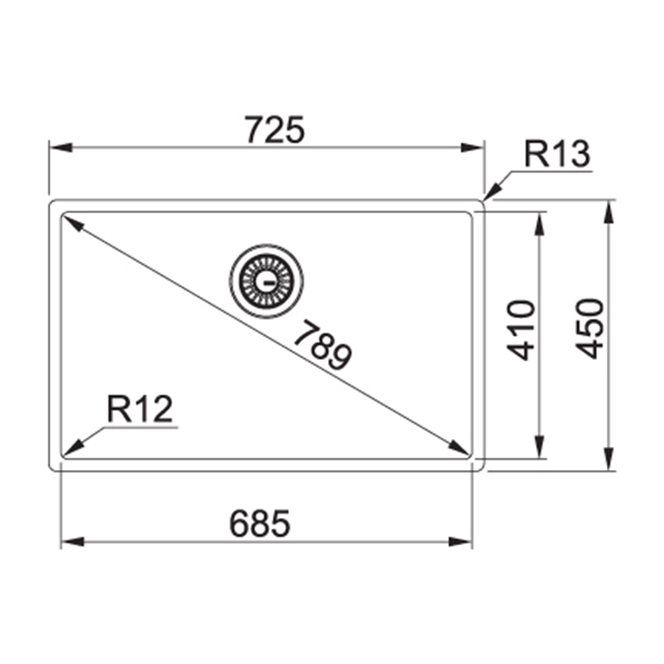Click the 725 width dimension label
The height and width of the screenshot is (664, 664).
(275, 129)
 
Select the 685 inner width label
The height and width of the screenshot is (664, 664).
(260, 523)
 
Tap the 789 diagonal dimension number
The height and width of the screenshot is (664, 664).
(323, 345)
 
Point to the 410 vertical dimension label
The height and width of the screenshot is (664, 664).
(521, 330)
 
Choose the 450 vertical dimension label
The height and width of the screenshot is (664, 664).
(589, 329)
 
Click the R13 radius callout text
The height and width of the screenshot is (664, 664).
(557, 154)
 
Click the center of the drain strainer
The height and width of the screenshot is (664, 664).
(266, 281)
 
